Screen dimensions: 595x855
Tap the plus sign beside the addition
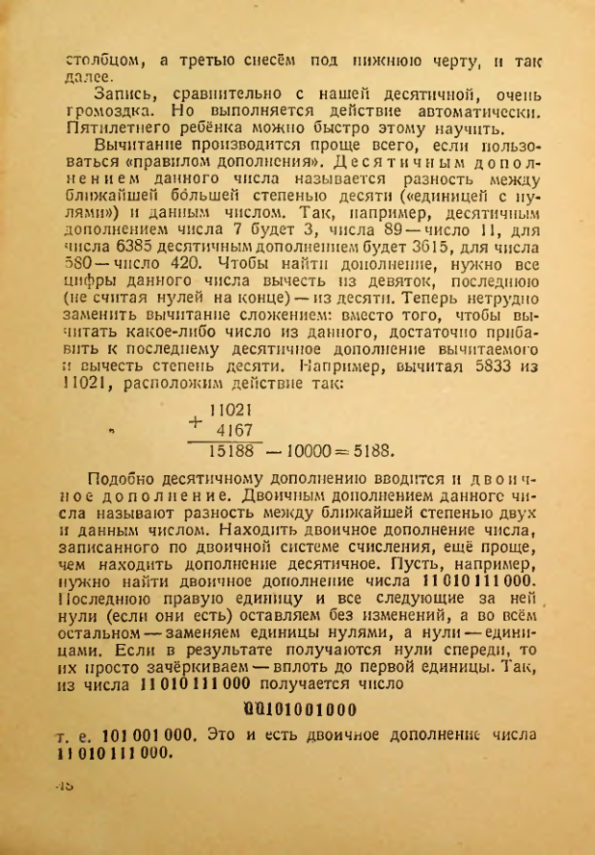tap(197, 422)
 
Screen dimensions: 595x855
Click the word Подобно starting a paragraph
tap(122, 479)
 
